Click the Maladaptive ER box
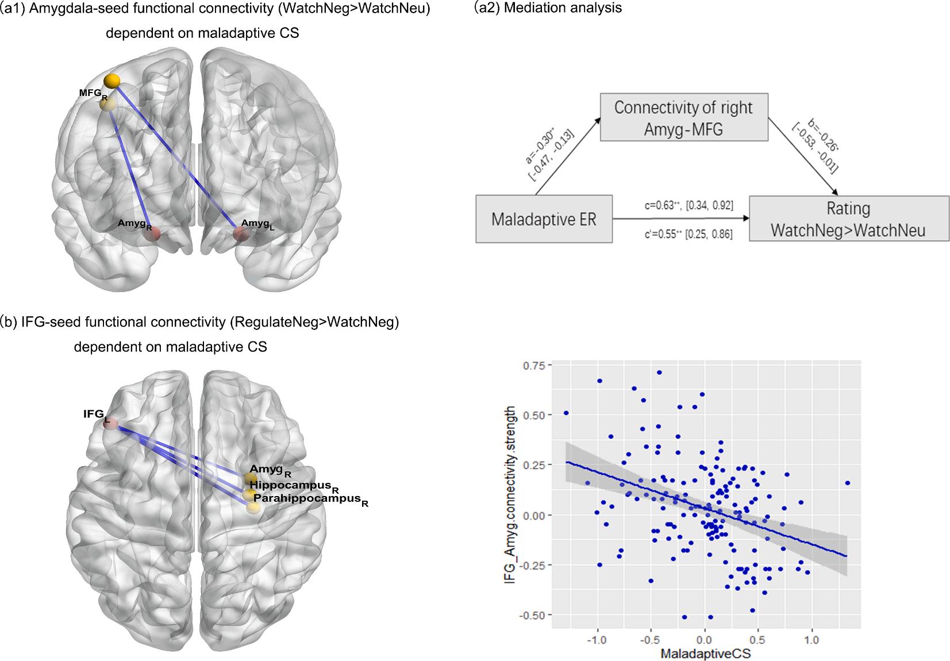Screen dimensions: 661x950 pos(544,219)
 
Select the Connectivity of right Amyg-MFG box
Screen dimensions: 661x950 pos(683,118)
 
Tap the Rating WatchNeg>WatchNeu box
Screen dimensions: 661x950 pos(848,219)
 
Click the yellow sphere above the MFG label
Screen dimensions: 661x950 pos(113,81)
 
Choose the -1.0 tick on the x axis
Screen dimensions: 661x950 pos(597,639)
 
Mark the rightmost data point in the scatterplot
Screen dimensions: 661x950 pos(847,483)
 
